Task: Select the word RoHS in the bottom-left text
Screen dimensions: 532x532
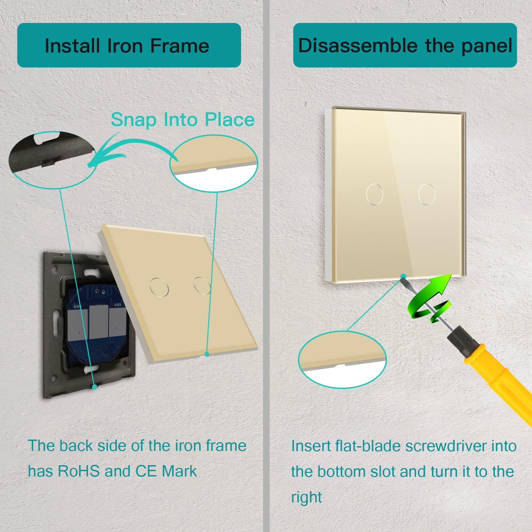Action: [79, 471]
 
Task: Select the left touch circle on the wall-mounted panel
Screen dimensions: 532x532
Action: [374, 194]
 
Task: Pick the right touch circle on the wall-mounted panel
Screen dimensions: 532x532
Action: [427, 194]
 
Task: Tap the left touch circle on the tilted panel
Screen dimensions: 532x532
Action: [159, 287]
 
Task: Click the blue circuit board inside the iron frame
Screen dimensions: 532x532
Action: [96, 323]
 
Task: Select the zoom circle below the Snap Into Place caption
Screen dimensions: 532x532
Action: [214, 163]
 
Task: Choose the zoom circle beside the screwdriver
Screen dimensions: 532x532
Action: [342, 359]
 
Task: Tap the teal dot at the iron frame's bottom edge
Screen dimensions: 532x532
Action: [95, 387]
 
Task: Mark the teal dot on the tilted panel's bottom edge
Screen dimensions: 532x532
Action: [207, 354]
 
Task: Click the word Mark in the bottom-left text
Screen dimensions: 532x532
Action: [179, 471]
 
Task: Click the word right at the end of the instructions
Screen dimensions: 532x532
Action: [307, 498]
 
